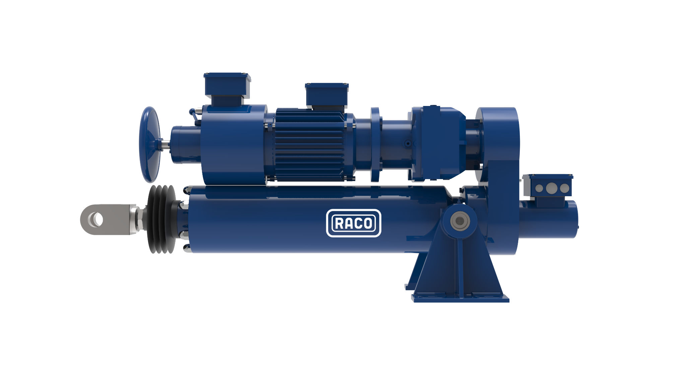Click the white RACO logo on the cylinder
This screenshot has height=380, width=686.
point(354,223)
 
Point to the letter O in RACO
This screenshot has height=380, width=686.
point(367,223)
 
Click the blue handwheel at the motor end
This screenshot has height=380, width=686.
point(149,145)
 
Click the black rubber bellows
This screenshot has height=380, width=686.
point(162,219)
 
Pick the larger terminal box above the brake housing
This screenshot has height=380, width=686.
point(227,89)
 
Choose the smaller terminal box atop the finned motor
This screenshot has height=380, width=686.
point(327,96)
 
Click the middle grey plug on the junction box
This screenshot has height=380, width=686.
point(551,188)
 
